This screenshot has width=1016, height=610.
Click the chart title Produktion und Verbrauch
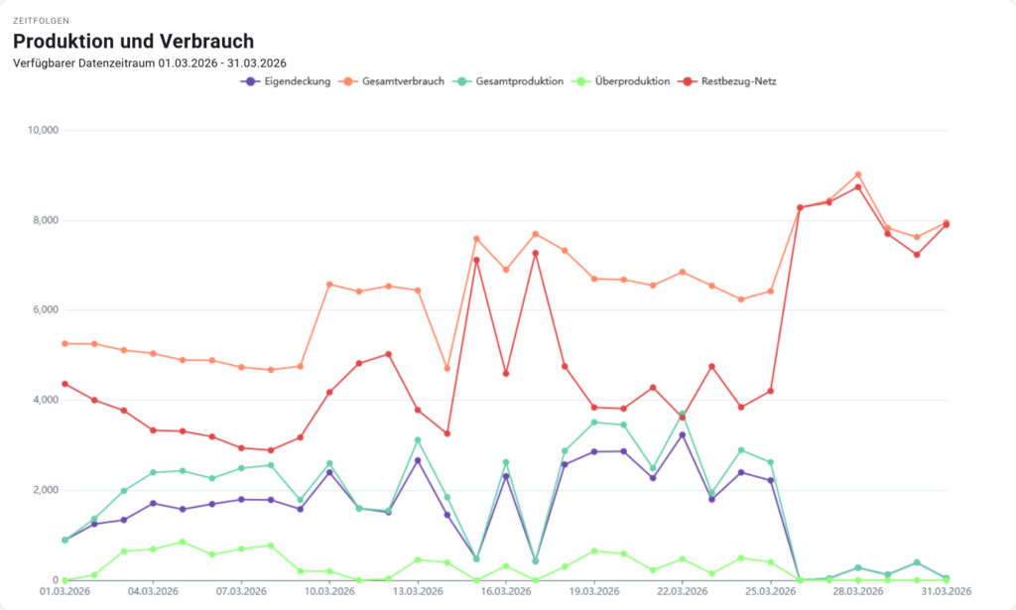[x=133, y=42]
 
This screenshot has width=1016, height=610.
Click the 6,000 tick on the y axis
[x=44, y=309]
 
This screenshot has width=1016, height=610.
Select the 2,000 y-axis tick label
[x=44, y=490]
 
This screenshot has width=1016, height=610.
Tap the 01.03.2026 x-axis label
[x=64, y=592]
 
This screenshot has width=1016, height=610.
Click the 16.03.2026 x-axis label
[x=506, y=592]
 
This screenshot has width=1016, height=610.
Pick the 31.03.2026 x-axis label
[x=946, y=592]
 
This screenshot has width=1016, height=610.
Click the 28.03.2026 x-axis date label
[x=858, y=592]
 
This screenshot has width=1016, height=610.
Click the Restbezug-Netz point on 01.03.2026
[x=64, y=384]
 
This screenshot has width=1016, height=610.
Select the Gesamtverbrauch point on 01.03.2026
[x=64, y=343]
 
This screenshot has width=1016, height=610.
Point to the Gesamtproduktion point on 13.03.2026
[x=418, y=440]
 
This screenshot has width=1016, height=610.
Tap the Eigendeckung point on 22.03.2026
[x=683, y=435]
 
